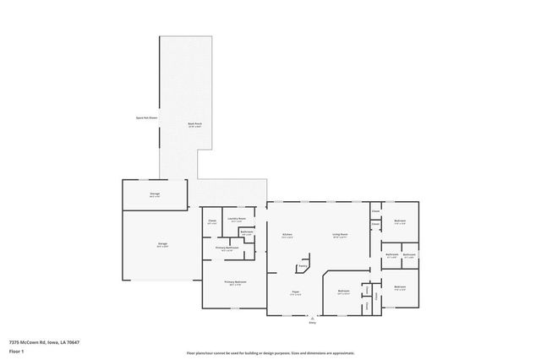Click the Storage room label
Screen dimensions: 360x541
click(x=155, y=194)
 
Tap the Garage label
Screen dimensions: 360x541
click(x=161, y=243)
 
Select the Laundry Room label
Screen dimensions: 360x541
click(x=236, y=218)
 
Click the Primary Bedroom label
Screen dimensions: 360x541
click(x=234, y=282)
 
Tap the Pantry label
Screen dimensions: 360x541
click(x=301, y=266)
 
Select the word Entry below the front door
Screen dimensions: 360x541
click(x=312, y=322)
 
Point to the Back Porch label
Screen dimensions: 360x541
click(x=194, y=124)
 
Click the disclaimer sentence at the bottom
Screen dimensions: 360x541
click(x=270, y=352)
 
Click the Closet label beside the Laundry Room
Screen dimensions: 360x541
click(x=212, y=221)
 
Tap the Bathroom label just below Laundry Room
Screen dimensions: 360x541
click(x=246, y=232)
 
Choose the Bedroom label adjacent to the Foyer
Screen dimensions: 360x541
click(x=344, y=291)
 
